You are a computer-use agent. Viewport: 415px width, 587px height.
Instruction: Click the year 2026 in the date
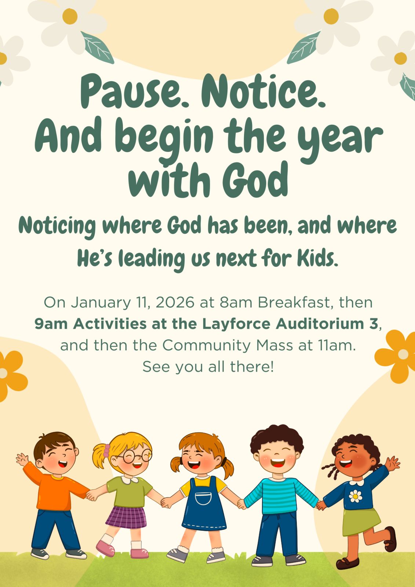tap(175, 302)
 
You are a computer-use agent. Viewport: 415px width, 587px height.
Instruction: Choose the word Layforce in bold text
tap(236, 324)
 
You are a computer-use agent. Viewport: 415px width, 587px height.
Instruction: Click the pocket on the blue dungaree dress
tap(203, 498)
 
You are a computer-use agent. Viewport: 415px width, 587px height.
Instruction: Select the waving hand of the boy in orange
tap(22, 459)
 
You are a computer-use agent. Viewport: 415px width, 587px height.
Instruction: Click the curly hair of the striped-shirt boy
tap(277, 437)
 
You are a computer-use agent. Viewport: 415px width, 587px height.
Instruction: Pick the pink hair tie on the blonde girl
tap(106, 451)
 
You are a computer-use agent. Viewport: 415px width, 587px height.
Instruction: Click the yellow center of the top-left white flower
tap(70, 16)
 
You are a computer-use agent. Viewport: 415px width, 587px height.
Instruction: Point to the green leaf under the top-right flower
tap(304, 47)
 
